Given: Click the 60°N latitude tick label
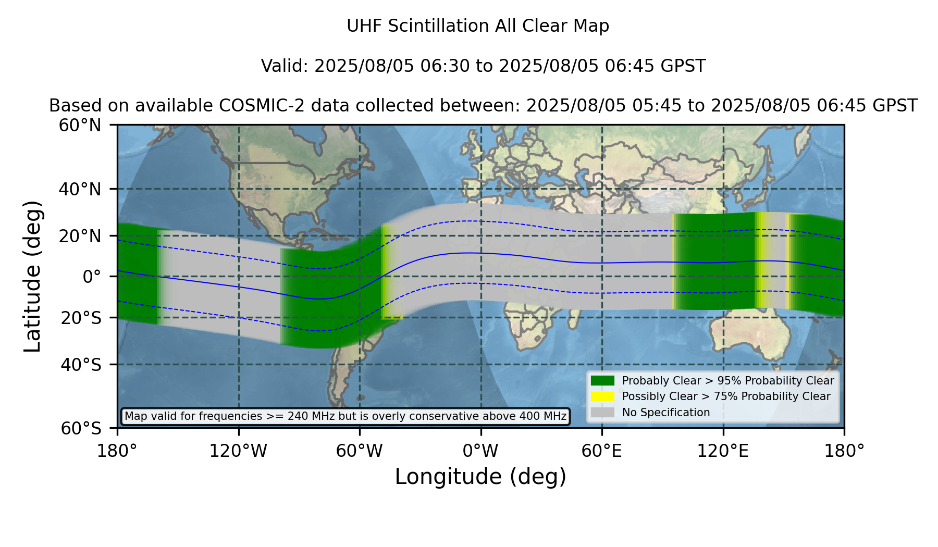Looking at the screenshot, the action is click(x=80, y=126).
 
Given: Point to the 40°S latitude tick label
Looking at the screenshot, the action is click(x=81, y=365).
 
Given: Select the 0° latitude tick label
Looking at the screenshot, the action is click(x=92, y=277).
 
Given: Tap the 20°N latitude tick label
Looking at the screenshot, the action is click(x=80, y=236).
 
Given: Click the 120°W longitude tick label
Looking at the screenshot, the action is click(x=238, y=451).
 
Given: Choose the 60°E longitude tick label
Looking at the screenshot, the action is click(x=602, y=451).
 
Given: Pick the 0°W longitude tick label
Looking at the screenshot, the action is click(x=480, y=451).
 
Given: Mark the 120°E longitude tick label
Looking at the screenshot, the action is click(x=723, y=451).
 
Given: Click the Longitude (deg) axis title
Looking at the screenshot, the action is click(x=480, y=477).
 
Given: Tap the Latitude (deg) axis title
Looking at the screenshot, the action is click(x=32, y=276).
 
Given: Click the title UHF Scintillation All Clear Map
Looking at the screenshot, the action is click(x=478, y=26).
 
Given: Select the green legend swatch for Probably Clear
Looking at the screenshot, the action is click(x=603, y=380).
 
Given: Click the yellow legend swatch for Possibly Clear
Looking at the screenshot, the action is click(x=603, y=396).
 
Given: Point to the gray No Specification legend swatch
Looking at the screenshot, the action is click(x=603, y=412).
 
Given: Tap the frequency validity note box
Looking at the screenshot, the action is click(x=345, y=416).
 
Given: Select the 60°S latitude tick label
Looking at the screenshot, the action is click(x=81, y=429).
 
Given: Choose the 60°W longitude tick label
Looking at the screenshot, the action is click(x=359, y=451).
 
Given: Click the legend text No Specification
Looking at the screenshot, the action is click(x=666, y=413).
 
